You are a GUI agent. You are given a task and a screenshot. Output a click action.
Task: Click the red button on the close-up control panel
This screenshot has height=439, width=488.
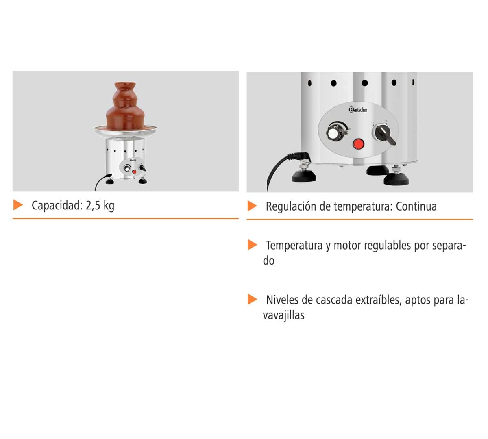click(359, 144)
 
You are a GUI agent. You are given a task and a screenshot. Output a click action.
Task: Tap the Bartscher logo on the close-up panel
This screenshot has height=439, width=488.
click(357, 109)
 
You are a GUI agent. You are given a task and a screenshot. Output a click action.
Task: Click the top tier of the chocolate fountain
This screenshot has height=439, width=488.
click(125, 87)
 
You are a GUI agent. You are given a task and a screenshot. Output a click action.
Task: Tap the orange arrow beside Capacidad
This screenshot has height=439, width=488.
click(18, 205)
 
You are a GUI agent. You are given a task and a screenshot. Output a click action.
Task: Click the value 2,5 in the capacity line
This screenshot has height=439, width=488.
click(93, 206)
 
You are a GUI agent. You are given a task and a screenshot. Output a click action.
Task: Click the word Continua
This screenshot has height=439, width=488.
click(416, 206)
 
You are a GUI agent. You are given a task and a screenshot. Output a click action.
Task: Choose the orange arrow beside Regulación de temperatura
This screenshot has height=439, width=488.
click(252, 206)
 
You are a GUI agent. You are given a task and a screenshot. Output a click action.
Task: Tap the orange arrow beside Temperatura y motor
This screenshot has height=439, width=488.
click(253, 245)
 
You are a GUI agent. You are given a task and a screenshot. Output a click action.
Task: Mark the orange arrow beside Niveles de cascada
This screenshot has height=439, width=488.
click(253, 299)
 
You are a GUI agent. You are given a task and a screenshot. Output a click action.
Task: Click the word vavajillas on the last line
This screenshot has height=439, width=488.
click(284, 316)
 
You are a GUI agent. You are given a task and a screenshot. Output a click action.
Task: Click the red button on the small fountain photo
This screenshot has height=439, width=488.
click(134, 172)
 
